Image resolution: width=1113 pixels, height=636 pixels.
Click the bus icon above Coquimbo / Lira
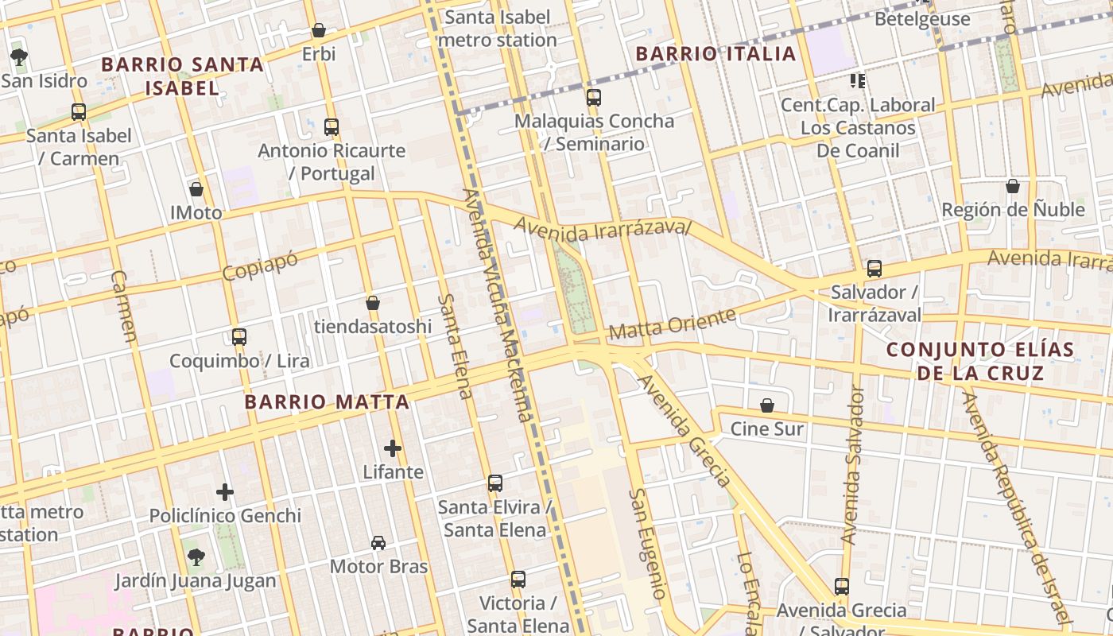239,336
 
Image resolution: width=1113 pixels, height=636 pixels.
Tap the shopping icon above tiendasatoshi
373,303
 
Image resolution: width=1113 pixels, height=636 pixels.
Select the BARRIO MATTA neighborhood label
327,402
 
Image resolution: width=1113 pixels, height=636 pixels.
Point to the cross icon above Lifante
393,448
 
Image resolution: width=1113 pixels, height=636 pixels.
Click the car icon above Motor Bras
378,543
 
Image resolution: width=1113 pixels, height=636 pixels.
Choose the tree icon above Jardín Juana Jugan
196,556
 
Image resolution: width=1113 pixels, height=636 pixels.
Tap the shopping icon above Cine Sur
767,405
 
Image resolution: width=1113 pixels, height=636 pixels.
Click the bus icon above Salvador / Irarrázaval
874,269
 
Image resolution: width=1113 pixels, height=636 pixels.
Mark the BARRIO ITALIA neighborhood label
715,54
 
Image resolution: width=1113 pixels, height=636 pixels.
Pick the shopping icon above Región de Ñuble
1013,186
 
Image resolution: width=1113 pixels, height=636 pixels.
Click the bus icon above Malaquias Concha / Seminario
594,98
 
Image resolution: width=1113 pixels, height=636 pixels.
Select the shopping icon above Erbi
319,30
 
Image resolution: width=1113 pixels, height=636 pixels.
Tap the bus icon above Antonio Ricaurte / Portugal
332,126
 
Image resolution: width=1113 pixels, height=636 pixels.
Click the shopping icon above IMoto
196,189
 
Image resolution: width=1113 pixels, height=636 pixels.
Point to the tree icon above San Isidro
19,56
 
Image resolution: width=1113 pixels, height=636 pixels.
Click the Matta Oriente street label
672,324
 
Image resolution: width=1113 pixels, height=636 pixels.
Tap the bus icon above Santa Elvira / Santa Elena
494,483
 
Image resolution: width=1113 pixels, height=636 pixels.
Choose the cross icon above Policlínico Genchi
225,492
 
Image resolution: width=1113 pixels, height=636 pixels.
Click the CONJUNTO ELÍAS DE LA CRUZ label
979,361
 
